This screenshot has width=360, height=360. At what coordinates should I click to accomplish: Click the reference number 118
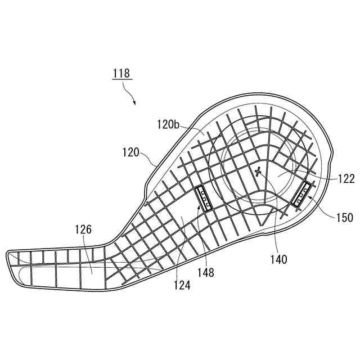[x=120, y=73]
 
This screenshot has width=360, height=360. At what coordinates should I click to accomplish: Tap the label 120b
[x=168, y=125]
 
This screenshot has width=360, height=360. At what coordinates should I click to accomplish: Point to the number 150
[x=344, y=217]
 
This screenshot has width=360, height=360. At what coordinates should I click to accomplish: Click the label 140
[x=278, y=259]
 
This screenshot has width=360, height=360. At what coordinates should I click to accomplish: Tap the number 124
[x=182, y=286]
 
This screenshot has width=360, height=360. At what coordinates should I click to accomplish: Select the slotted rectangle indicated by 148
[x=202, y=199]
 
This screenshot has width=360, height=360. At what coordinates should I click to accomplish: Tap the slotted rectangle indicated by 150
[x=303, y=195]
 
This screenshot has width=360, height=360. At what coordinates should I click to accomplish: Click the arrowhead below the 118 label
[x=135, y=102]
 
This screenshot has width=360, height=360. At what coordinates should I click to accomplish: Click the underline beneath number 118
[x=120, y=80]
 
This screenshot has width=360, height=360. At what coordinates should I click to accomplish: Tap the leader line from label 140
[x=276, y=231]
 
